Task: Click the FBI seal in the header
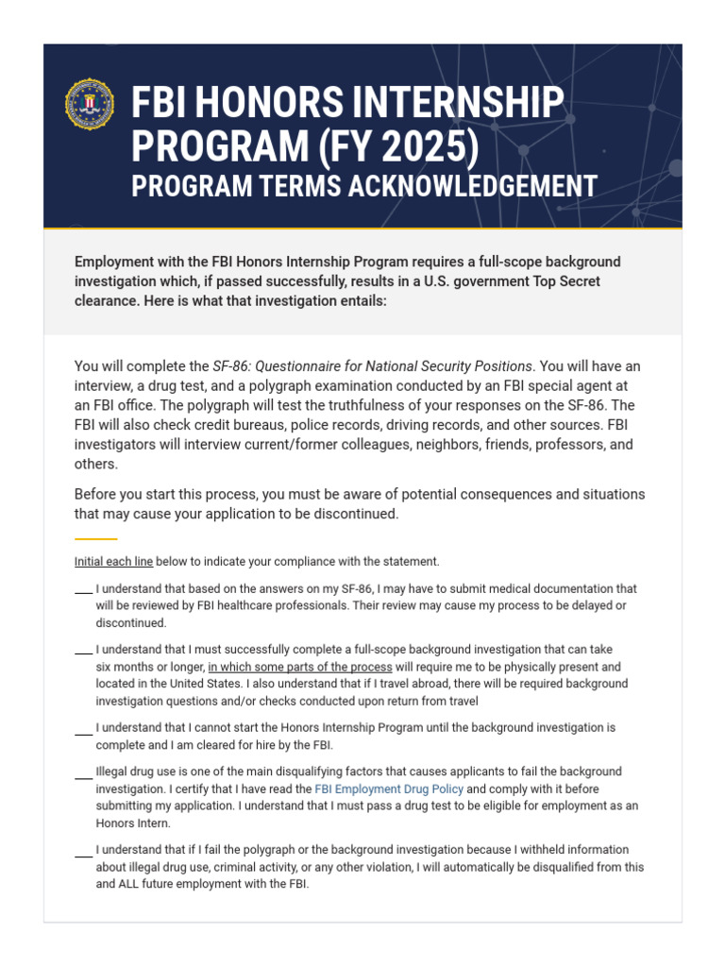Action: (90, 104)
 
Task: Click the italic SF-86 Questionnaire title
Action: (373, 366)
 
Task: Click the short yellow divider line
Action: (95, 539)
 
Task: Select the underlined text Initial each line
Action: (113, 562)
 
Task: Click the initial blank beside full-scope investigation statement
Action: (83, 652)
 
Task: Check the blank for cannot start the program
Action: (83, 731)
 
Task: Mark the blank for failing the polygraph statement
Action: (83, 853)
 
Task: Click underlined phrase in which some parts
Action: (300, 667)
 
